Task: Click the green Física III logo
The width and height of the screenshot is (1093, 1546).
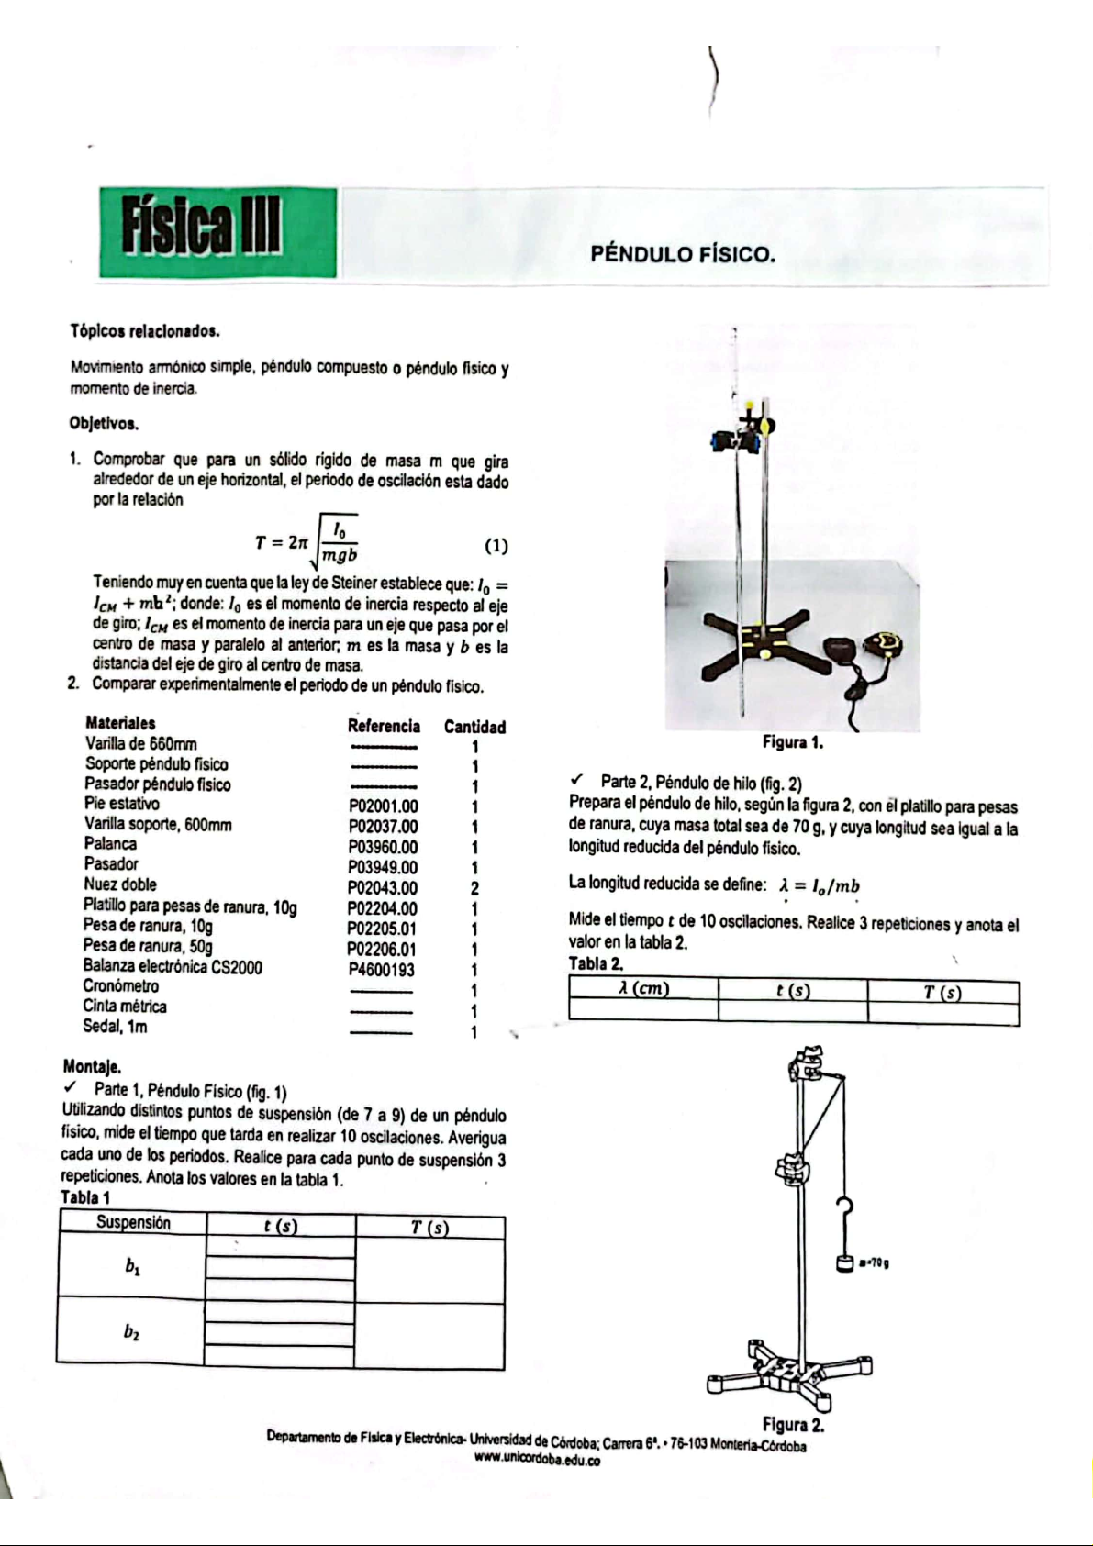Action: click(217, 232)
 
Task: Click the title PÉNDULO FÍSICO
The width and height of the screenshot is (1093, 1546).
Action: click(683, 254)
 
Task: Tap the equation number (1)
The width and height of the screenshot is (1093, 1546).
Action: click(496, 546)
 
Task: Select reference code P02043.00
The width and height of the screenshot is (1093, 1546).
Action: click(382, 888)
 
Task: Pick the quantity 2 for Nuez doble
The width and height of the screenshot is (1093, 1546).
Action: click(474, 888)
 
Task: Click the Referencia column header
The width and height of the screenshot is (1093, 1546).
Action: click(384, 726)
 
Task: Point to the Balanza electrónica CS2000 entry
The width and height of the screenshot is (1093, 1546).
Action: click(173, 966)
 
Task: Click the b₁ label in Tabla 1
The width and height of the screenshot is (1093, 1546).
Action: click(132, 1267)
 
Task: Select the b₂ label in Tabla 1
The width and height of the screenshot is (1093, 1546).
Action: click(132, 1332)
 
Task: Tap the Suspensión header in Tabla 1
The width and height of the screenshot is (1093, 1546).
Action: click(133, 1222)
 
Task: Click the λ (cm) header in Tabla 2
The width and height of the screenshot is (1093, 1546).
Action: click(642, 989)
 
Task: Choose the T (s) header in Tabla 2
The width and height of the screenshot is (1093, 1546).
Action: click(942, 992)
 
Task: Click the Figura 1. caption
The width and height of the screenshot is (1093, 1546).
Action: click(793, 742)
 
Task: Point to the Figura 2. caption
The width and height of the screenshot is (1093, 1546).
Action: click(793, 1425)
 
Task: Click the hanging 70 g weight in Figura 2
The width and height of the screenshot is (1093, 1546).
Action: click(846, 1262)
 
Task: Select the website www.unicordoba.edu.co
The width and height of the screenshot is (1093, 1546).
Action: click(537, 1460)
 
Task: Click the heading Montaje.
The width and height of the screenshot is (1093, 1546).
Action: click(92, 1066)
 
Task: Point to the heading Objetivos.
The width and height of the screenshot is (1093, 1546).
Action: click(104, 424)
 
